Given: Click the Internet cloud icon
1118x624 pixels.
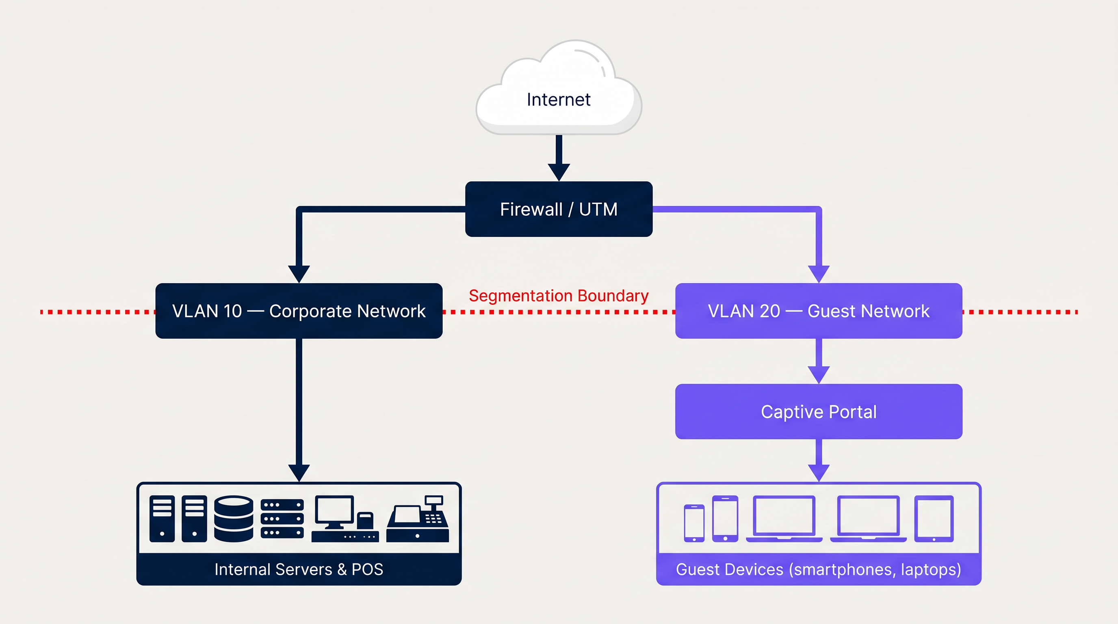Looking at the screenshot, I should (x=559, y=91).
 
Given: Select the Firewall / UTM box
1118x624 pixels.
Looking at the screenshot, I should (x=559, y=209).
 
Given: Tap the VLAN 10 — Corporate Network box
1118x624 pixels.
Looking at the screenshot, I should (x=299, y=311).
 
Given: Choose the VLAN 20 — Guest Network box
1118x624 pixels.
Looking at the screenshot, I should (x=819, y=311).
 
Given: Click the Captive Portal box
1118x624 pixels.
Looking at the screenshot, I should (x=819, y=412).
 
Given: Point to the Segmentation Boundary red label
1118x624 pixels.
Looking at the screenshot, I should (x=559, y=296).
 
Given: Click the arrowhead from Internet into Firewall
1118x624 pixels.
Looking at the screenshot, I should (x=559, y=172).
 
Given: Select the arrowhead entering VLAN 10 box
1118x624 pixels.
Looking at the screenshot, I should (x=299, y=273).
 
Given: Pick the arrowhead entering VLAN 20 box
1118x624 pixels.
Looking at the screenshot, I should (x=819, y=273).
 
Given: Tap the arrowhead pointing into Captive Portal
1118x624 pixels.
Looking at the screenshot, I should (x=819, y=375).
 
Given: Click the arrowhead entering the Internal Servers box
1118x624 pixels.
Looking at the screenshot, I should (x=299, y=472).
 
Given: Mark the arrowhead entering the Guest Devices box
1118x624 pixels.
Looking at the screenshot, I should (x=819, y=472).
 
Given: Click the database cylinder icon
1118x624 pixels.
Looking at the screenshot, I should (x=234, y=518).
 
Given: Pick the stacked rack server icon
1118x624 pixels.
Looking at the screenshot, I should (x=282, y=518).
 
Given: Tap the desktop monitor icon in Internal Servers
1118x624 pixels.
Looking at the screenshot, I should (x=335, y=512).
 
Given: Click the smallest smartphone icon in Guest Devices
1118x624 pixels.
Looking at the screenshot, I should (x=694, y=523).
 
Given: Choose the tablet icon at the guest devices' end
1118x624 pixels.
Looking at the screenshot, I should (x=934, y=518).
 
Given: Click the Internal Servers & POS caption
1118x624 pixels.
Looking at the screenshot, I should (x=299, y=569).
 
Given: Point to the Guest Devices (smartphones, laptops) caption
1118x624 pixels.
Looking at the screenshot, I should (x=819, y=569).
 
